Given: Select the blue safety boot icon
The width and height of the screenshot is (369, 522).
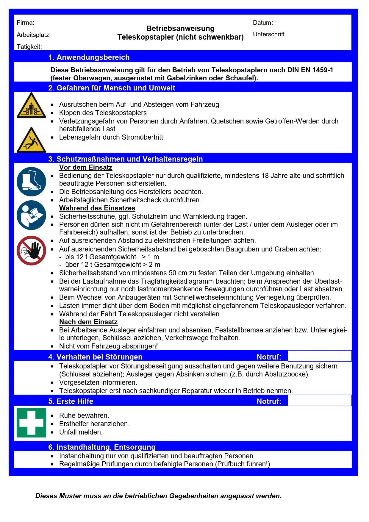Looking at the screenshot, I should coord(31,182).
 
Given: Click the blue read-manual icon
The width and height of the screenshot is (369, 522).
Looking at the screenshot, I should coord(31,215).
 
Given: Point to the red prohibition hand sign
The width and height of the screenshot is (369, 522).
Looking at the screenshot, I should coord(31,251).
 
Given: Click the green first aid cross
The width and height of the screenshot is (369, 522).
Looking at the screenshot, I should coord(31,423).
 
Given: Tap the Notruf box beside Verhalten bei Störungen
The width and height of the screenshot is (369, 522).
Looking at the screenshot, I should coord(319,356).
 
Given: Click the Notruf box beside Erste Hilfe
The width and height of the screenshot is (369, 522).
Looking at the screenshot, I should coord(319,401).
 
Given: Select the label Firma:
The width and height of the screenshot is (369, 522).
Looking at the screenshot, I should coord(26,23).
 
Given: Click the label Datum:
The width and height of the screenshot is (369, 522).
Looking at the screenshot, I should coord(263,23).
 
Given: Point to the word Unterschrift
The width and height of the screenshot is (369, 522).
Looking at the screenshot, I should coord(269,34).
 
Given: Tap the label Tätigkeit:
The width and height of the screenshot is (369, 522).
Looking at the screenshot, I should coord(29,47).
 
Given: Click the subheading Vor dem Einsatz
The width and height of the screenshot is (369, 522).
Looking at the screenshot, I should coord(86,167).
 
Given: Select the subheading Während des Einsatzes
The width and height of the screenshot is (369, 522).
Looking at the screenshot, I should coord(97,208).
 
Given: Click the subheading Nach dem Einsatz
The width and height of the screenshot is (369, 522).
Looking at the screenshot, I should coord(88,322).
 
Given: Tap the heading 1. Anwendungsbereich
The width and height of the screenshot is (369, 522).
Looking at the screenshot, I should coord(89,57).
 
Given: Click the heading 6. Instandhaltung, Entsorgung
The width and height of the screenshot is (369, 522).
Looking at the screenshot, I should coord(102,447).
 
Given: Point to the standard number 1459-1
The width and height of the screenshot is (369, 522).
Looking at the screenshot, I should coord(323,70).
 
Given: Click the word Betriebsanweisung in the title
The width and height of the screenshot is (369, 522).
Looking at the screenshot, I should coord(180,28).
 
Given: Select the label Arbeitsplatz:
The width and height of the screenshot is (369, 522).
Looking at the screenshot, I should coord(34,35).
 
